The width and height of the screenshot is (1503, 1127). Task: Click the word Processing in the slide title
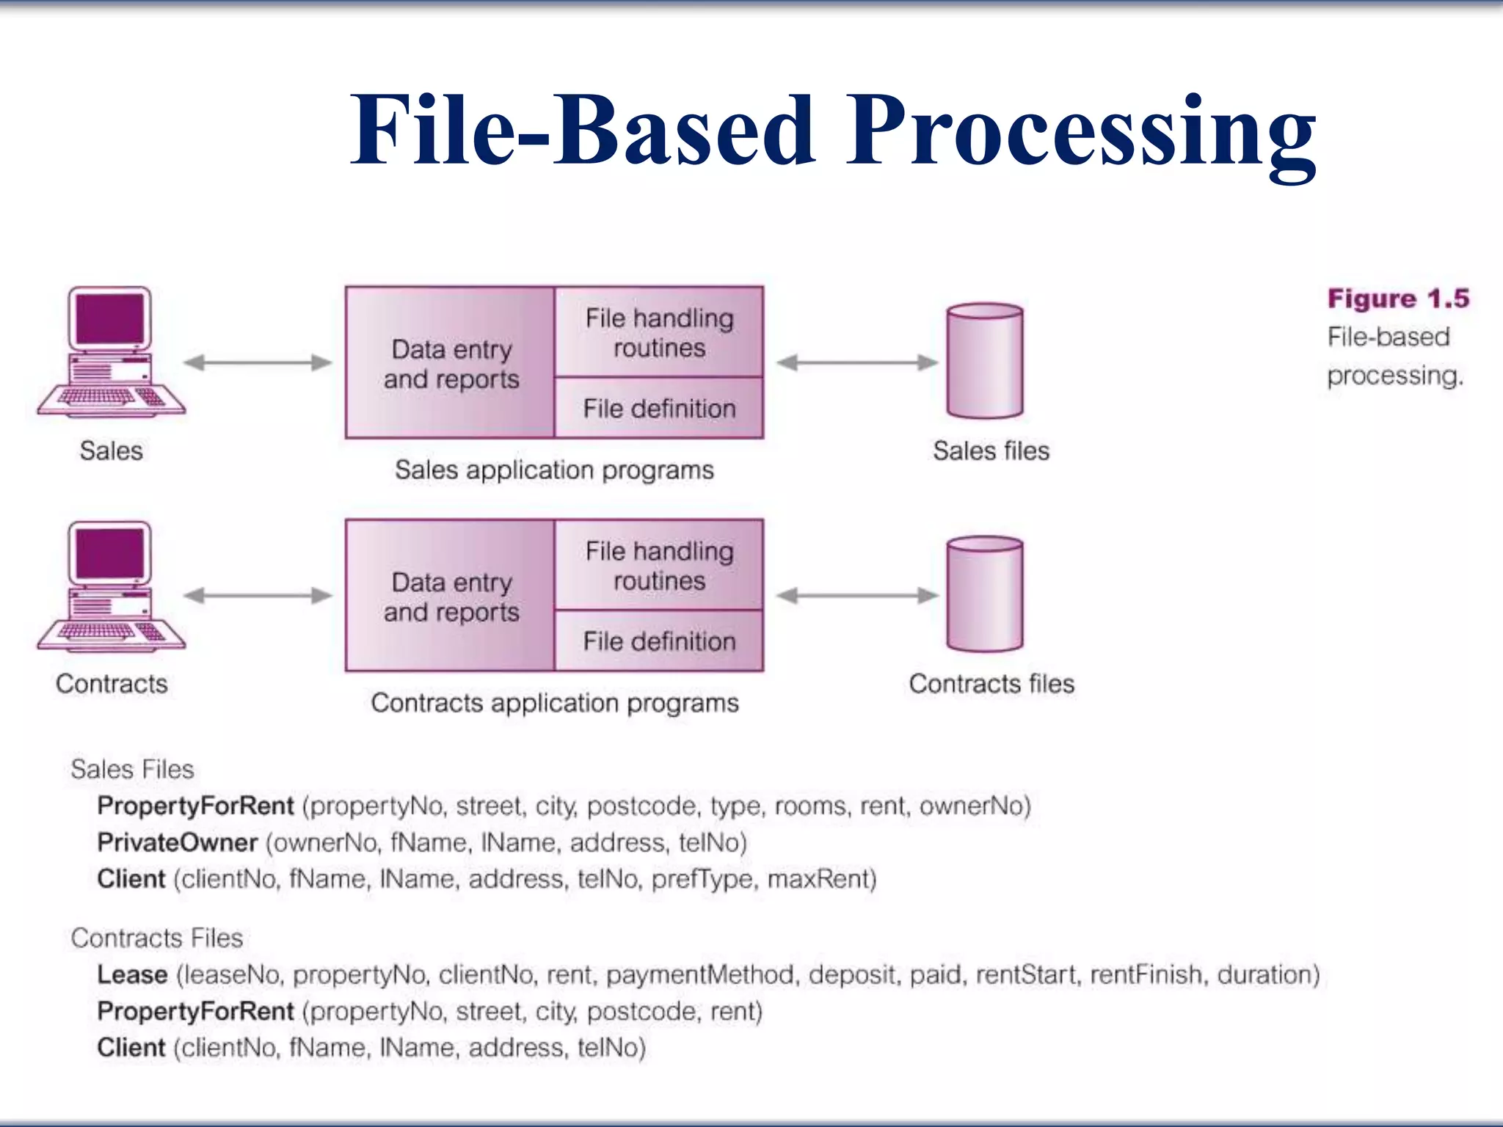[x=1080, y=132]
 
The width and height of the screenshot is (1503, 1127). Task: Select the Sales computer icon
[x=111, y=352]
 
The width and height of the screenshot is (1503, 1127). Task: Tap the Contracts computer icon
[x=111, y=587]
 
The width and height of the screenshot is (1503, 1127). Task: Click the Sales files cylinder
[x=984, y=361]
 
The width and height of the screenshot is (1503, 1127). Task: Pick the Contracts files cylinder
[x=984, y=594]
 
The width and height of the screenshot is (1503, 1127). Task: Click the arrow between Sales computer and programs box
[x=258, y=362]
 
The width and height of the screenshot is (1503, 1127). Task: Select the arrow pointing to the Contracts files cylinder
[x=857, y=596]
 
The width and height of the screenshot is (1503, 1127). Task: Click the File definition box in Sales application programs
[x=658, y=408]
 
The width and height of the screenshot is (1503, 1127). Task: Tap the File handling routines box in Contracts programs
[x=658, y=565]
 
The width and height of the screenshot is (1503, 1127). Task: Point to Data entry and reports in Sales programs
[x=451, y=363]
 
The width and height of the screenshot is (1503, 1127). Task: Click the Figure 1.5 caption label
[x=1397, y=299]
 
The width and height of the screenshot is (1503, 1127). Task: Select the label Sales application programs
[x=554, y=470]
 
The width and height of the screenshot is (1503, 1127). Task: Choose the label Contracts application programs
[x=554, y=703]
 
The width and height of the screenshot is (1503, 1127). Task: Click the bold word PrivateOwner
[x=178, y=842]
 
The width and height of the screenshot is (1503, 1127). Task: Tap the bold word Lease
[x=133, y=974]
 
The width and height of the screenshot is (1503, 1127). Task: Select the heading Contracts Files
[x=156, y=938]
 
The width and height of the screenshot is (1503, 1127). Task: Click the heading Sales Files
[x=132, y=769]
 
